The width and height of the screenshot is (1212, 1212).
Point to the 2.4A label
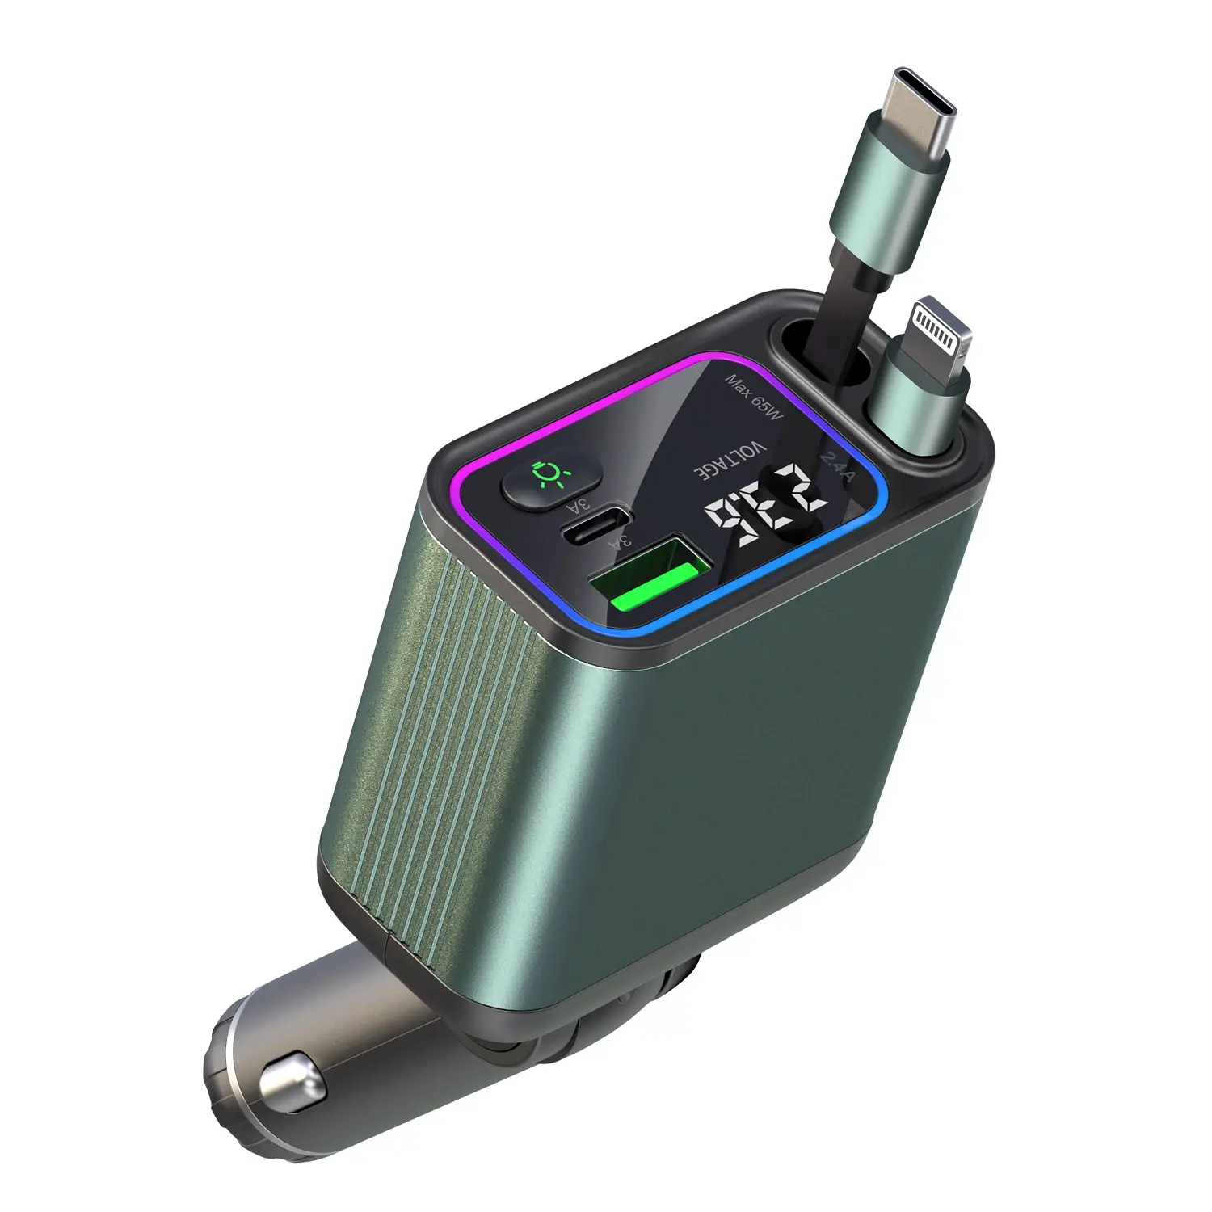[x=837, y=467]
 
